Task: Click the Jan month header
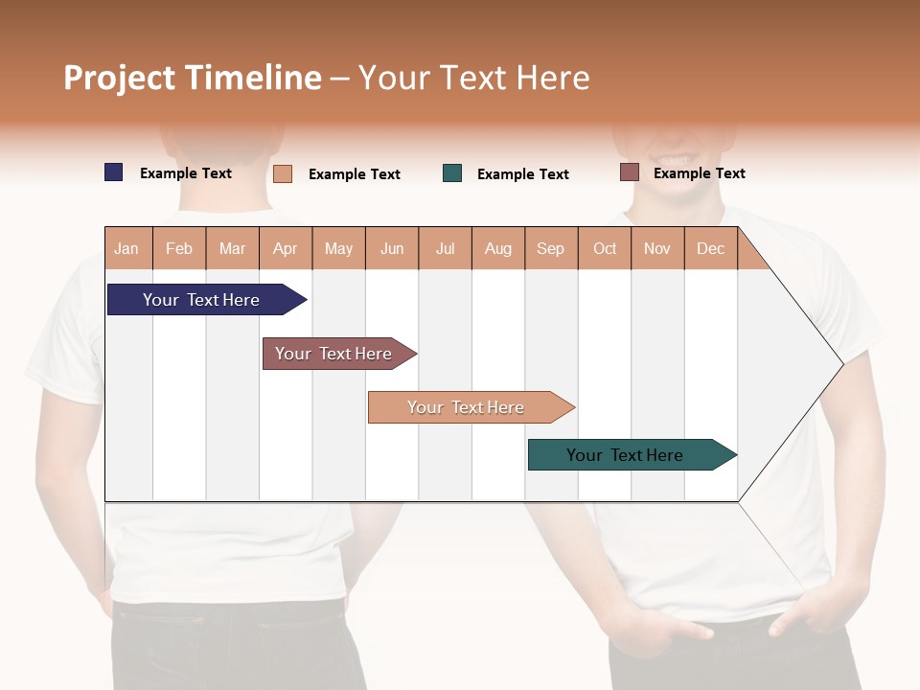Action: [x=127, y=248]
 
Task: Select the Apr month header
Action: [x=286, y=248]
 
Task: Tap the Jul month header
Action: [x=445, y=248]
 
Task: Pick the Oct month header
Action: [x=605, y=248]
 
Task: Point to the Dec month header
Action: [x=710, y=248]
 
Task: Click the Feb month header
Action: [x=179, y=248]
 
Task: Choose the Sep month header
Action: [x=551, y=248]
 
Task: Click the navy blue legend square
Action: [x=114, y=172]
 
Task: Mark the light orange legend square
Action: [x=283, y=173]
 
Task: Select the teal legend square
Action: [x=452, y=173]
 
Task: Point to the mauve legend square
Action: [x=630, y=172]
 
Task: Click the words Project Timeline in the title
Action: [x=193, y=78]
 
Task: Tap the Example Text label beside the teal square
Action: [x=522, y=174]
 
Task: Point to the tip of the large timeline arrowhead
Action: [x=841, y=364]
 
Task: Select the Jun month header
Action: [x=392, y=248]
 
